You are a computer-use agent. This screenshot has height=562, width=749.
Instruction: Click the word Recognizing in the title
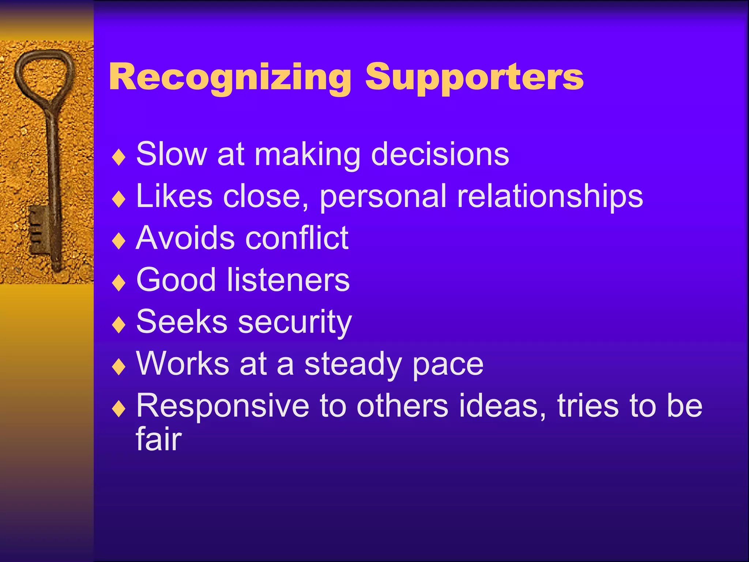pyautogui.click(x=230, y=78)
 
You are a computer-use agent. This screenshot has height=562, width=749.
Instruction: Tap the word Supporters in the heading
pyautogui.click(x=474, y=78)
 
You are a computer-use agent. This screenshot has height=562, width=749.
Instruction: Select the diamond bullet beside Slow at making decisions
pyautogui.click(x=119, y=158)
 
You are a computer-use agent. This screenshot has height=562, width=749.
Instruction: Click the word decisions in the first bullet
pyautogui.click(x=440, y=154)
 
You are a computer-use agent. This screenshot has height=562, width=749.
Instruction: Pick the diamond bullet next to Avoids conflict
pyautogui.click(x=119, y=241)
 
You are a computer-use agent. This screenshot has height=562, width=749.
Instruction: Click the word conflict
pyautogui.click(x=297, y=238)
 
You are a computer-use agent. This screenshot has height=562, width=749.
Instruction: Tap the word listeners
pyautogui.click(x=288, y=280)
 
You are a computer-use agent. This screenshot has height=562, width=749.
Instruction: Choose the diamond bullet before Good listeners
pyautogui.click(x=119, y=284)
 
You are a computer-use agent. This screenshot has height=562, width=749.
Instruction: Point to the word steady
pyautogui.click(x=353, y=364)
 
